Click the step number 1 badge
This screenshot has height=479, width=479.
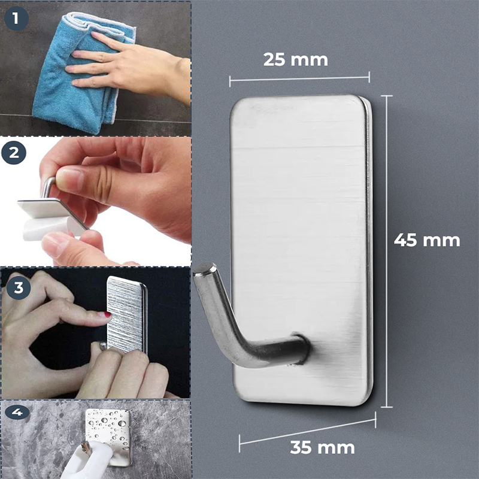(x=16, y=19)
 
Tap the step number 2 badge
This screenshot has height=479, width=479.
(x=14, y=153)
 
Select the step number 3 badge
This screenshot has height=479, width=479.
(x=19, y=288)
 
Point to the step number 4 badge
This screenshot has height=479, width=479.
(x=17, y=413)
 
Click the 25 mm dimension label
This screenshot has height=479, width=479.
(x=295, y=59)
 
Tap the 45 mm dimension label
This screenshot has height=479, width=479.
(x=427, y=240)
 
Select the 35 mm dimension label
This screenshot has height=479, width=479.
(x=322, y=447)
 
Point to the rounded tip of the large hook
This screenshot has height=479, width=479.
(x=204, y=269)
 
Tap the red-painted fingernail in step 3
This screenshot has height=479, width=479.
(x=108, y=315)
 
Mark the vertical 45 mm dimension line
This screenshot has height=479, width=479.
(x=387, y=251)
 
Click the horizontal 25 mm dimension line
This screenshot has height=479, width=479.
(x=299, y=79)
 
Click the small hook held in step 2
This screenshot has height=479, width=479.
(x=47, y=186)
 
